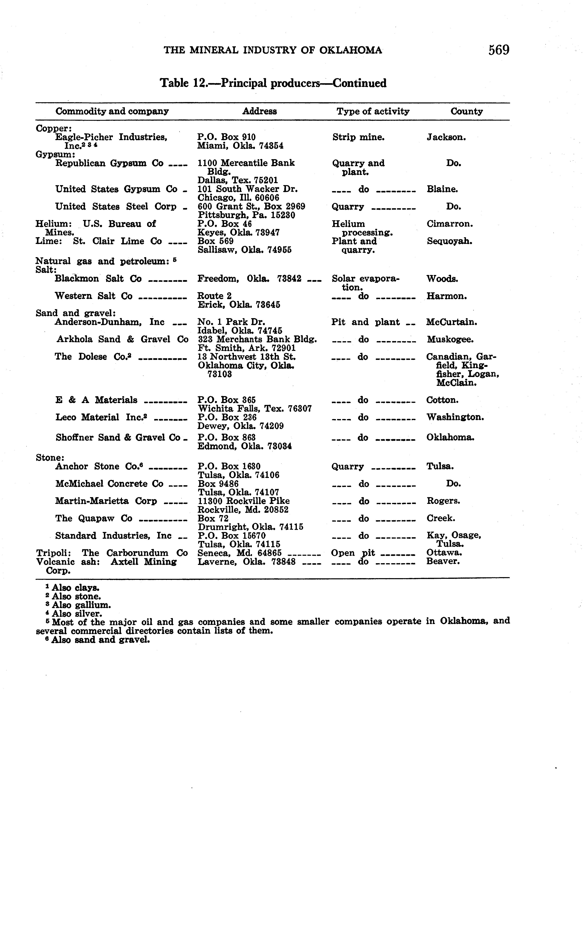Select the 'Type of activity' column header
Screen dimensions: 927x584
pyautogui.click(x=373, y=112)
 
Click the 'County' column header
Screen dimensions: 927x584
pyautogui.click(x=466, y=112)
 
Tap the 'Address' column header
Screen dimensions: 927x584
pyautogui.click(x=259, y=112)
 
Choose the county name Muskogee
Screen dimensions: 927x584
pyautogui.click(x=450, y=340)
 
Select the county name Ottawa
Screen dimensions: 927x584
pyautogui.click(x=444, y=553)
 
